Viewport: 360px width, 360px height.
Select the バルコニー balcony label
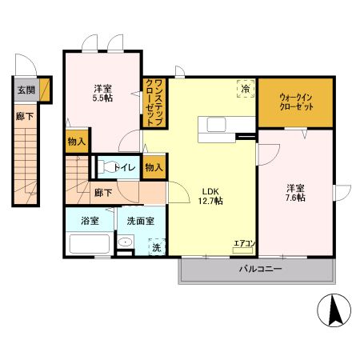[260, 270]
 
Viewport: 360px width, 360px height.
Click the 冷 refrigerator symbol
[245, 89]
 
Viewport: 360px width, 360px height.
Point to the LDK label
[210, 191]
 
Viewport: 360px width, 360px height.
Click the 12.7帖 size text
[210, 202]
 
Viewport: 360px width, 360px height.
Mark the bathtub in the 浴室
[89, 243]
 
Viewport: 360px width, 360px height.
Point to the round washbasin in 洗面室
[126, 244]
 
